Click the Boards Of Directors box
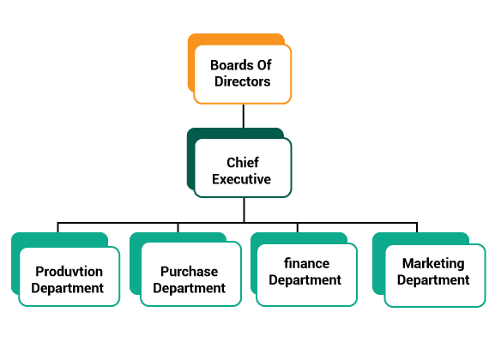242,75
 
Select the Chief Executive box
243,168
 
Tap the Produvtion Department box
69,277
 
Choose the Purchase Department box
190,274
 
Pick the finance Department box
306,274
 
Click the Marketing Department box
435,275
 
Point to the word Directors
242,81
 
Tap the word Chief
243,162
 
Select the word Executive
241,179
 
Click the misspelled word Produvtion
69,272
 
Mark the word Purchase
189,272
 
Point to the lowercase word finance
306,263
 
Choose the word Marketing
433,264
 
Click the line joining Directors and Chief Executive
244,116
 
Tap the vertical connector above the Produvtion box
57,227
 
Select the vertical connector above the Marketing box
417,227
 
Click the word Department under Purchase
189,288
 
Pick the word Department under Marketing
433,280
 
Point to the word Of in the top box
264,65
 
